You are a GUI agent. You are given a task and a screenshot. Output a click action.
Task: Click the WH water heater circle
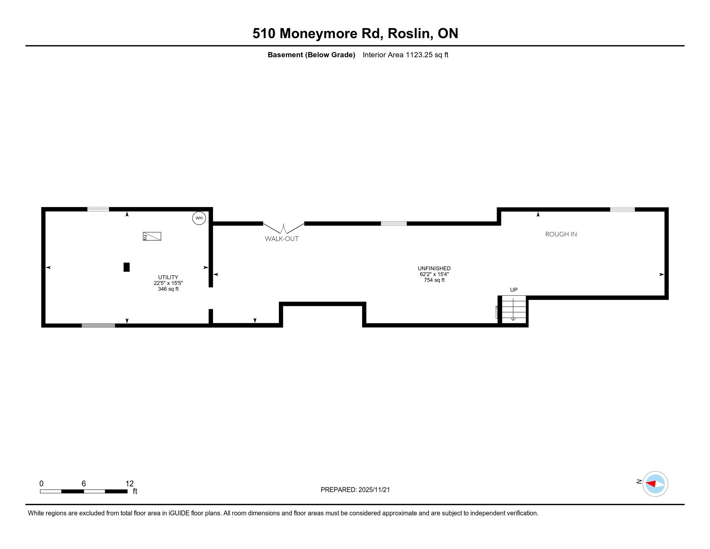(x=199, y=218)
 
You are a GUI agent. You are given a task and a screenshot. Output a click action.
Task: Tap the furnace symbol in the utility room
(x=152, y=236)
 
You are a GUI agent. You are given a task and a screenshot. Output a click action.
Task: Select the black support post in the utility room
(x=127, y=267)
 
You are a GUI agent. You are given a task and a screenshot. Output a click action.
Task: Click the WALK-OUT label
(x=281, y=239)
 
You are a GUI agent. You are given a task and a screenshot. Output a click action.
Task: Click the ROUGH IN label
(x=561, y=234)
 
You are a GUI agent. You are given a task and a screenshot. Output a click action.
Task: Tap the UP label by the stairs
(x=514, y=290)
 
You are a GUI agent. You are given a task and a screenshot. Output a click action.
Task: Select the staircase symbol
(x=514, y=309)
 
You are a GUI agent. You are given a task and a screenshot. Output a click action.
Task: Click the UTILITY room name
(x=168, y=277)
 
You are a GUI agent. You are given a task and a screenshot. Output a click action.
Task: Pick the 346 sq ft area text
(x=168, y=289)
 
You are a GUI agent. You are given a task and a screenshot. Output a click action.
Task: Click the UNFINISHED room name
(x=434, y=268)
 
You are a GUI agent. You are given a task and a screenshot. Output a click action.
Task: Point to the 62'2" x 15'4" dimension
(x=434, y=274)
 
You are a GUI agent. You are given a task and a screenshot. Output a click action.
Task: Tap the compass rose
(x=655, y=484)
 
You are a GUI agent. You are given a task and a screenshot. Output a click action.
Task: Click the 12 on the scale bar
(x=129, y=484)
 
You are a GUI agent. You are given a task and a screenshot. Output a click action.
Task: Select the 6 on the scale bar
(x=84, y=484)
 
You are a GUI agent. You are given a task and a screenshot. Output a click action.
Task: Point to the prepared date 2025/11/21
(x=374, y=490)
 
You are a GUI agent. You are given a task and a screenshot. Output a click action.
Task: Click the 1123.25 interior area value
(x=419, y=55)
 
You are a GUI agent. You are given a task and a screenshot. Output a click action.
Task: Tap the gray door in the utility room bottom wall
(x=98, y=326)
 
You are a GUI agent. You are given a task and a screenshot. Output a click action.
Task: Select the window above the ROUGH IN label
(x=622, y=210)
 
